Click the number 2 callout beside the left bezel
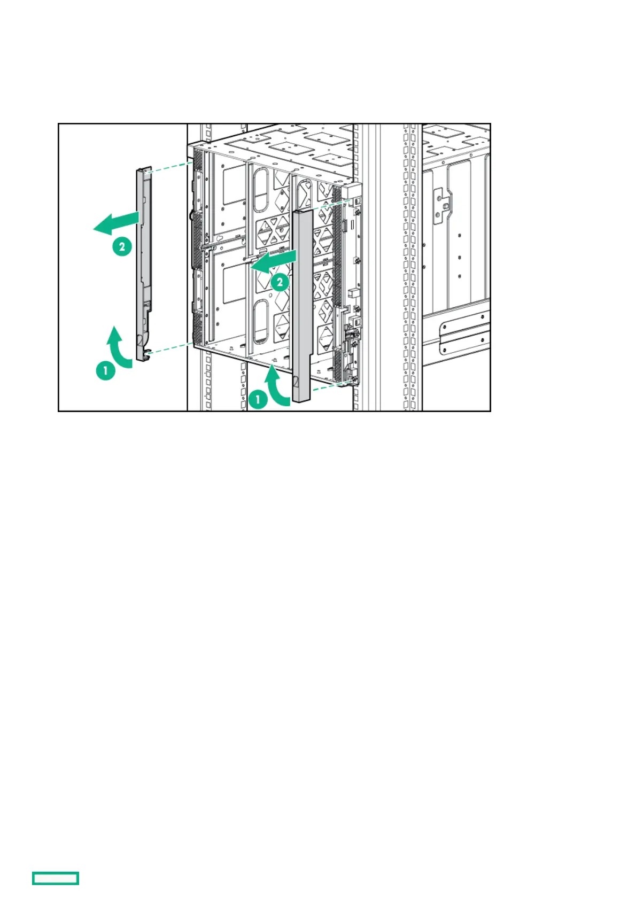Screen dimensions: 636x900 tap(122, 246)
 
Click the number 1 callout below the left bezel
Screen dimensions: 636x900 tap(106, 370)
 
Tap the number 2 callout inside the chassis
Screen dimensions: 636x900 tap(280, 282)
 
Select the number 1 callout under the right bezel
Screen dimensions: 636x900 tap(258, 399)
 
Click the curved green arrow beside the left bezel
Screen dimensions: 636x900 tap(120, 348)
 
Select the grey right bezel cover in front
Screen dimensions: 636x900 tap(302, 305)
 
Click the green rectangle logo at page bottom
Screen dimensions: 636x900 tap(56, 878)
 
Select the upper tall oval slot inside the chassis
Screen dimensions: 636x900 tap(260, 190)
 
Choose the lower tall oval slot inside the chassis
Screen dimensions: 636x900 tap(260, 321)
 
